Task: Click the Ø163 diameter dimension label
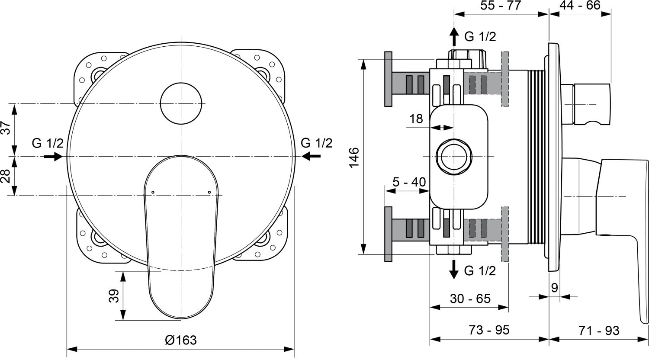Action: (181, 340)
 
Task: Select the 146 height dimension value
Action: (354, 157)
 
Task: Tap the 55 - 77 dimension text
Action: (501, 6)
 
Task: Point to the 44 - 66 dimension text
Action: (580, 5)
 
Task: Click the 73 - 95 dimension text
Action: (489, 330)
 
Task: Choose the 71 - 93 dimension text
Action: (599, 331)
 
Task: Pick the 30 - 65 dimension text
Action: (470, 298)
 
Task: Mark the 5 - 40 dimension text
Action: (409, 182)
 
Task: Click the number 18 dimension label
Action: (416, 119)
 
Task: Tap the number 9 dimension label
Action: (554, 288)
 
